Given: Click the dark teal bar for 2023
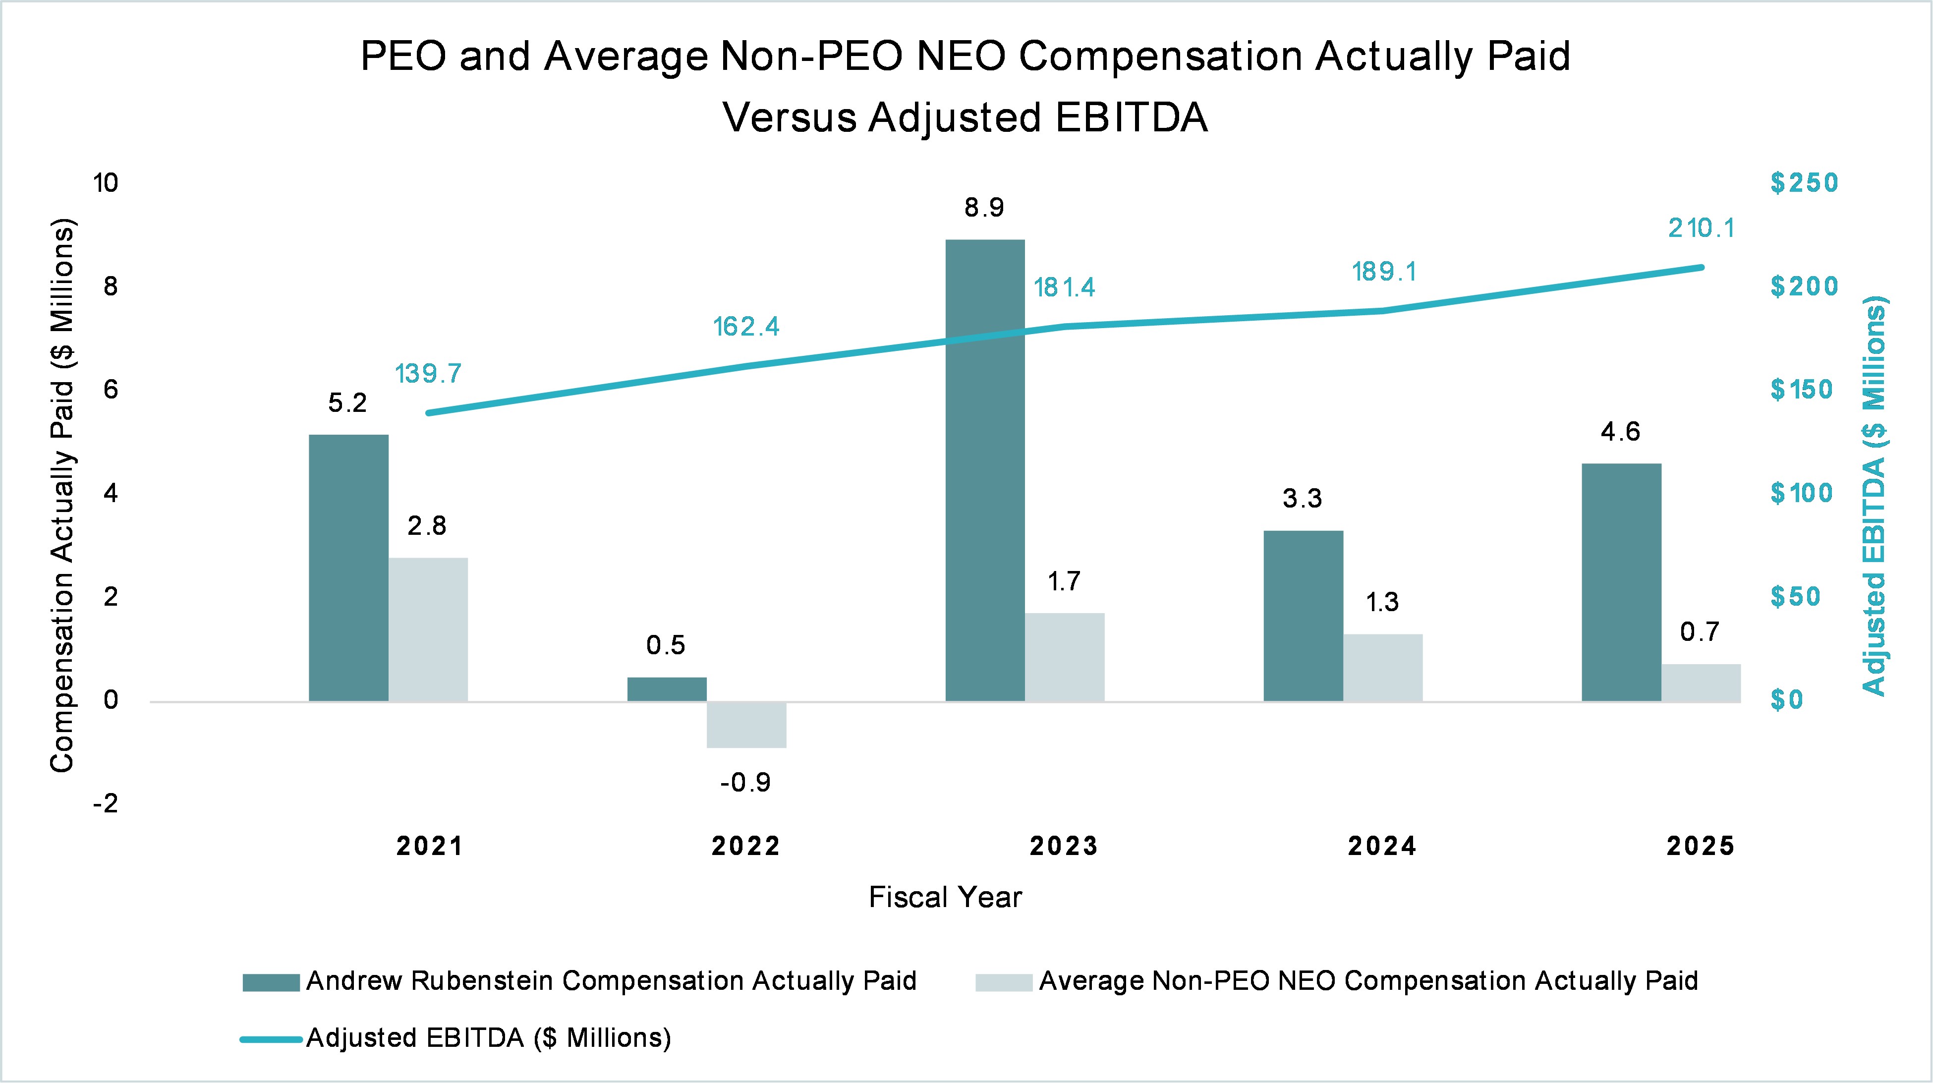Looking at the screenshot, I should [984, 470].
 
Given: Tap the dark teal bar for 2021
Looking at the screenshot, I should [348, 568].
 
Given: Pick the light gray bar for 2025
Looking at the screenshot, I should [1701, 683].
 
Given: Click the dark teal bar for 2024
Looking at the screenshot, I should [1303, 616].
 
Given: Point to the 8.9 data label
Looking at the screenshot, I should [984, 208].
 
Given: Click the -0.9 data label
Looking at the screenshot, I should [745, 783].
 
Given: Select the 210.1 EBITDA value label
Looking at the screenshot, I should [1701, 228].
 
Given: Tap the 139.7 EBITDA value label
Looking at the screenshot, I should [428, 373].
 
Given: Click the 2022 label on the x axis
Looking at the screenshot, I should [746, 847].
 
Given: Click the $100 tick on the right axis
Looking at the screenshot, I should [1801, 493].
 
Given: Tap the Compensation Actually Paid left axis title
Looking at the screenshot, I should [63, 495].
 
